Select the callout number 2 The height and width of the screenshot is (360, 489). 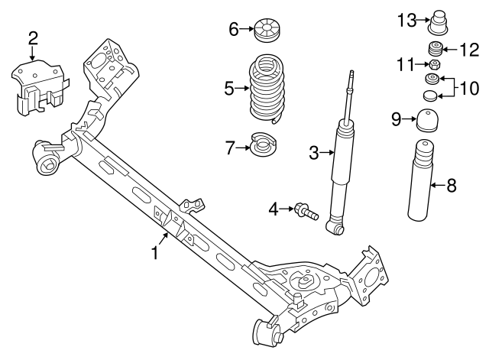pos(32,38)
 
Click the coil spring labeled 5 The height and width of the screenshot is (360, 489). pos(267,89)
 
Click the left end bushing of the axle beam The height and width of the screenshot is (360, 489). pos(48,157)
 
